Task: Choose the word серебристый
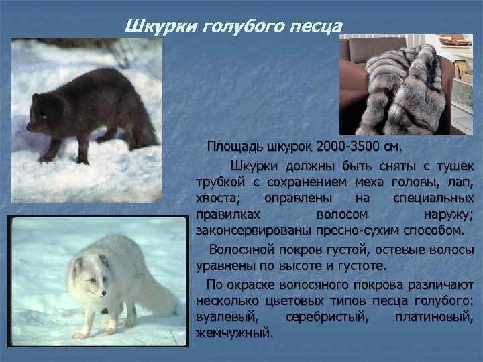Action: click(327, 316)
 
